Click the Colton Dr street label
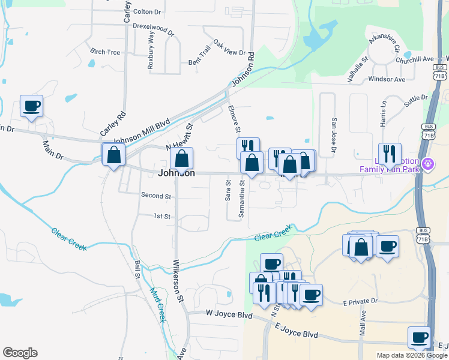point(147,11)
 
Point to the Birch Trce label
point(105,52)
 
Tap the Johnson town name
point(176,173)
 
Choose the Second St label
point(156,196)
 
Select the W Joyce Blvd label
point(228,313)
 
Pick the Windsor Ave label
point(387,79)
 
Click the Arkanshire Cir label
point(390,44)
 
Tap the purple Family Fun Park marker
point(427,163)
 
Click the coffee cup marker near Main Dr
point(31,107)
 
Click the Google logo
point(20,353)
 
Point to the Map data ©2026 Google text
point(412,355)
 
